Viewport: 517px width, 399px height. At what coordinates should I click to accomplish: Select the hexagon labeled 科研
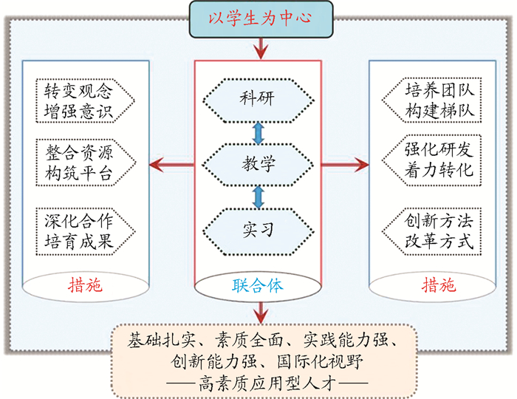point(257,98)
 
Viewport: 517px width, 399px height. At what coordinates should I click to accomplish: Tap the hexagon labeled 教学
point(257,163)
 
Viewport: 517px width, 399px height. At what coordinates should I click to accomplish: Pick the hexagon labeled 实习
point(257,229)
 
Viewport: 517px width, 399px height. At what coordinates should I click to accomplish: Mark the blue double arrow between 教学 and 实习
point(258,197)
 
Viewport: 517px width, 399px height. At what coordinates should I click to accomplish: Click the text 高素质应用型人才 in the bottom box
point(258,383)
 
